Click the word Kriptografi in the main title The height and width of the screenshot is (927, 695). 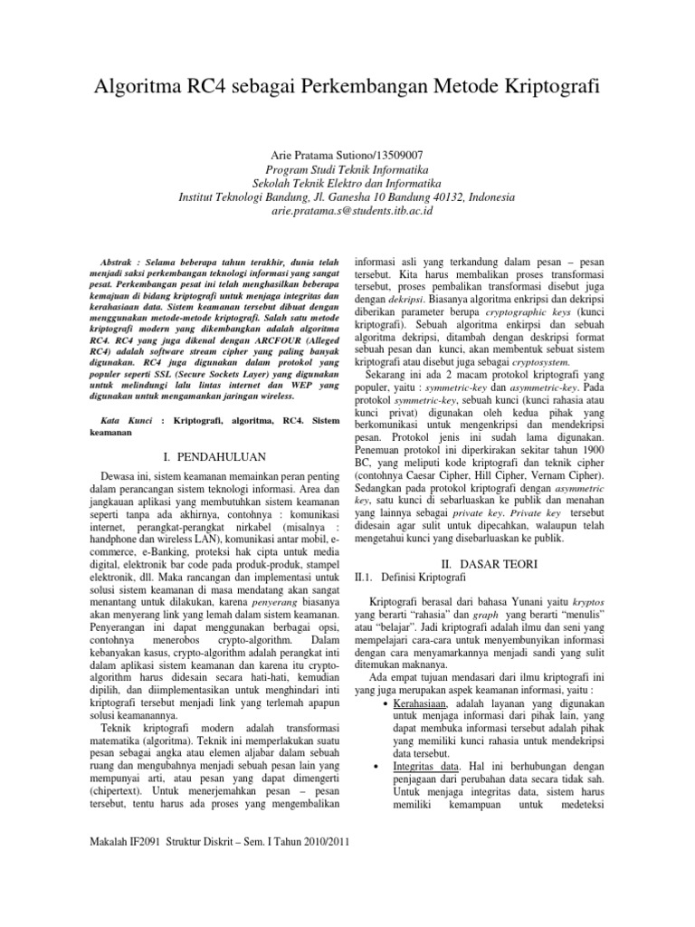(x=545, y=89)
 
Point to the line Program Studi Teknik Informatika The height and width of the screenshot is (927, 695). (x=347, y=169)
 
